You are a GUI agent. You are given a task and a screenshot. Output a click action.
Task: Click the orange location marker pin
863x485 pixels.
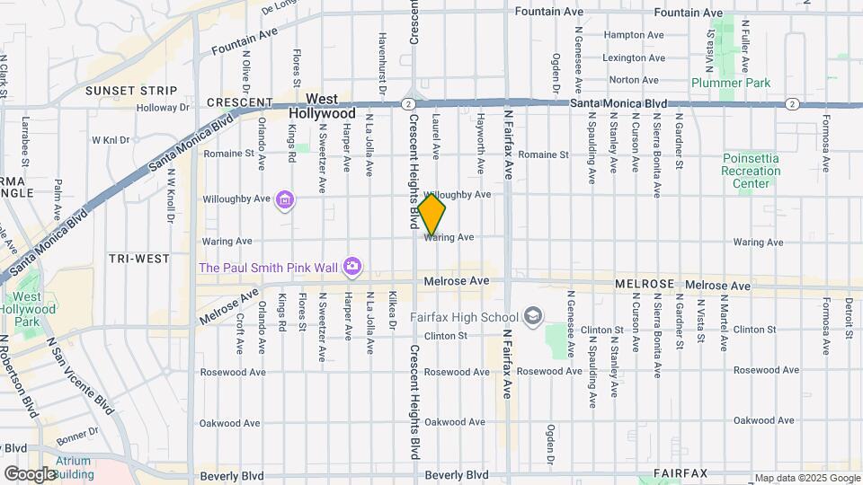point(431,215)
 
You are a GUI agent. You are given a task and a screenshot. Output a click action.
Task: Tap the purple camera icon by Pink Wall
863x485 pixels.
point(352,266)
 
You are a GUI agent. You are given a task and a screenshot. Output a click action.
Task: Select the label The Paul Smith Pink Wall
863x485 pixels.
point(267,267)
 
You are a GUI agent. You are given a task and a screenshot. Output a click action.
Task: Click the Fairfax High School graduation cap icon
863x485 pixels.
point(534,316)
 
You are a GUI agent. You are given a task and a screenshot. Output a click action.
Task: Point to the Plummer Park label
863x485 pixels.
point(731,83)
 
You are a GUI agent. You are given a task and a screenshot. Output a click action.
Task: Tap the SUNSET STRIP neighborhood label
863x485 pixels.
point(130,91)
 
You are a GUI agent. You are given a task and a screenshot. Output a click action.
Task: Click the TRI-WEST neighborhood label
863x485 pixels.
point(138,259)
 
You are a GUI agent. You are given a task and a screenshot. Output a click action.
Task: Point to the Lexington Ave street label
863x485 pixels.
point(634,57)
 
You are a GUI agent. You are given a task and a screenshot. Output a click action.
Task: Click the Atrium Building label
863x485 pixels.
point(73,467)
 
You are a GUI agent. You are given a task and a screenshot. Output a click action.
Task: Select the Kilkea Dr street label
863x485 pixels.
point(392,311)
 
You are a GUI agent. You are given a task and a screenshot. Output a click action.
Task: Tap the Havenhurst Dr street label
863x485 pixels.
point(382,65)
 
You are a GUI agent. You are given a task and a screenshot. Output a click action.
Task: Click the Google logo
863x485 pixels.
point(29,473)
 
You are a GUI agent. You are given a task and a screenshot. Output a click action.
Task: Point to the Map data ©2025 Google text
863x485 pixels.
point(806,478)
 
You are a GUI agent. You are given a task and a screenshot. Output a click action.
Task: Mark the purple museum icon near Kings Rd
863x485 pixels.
point(285,198)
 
